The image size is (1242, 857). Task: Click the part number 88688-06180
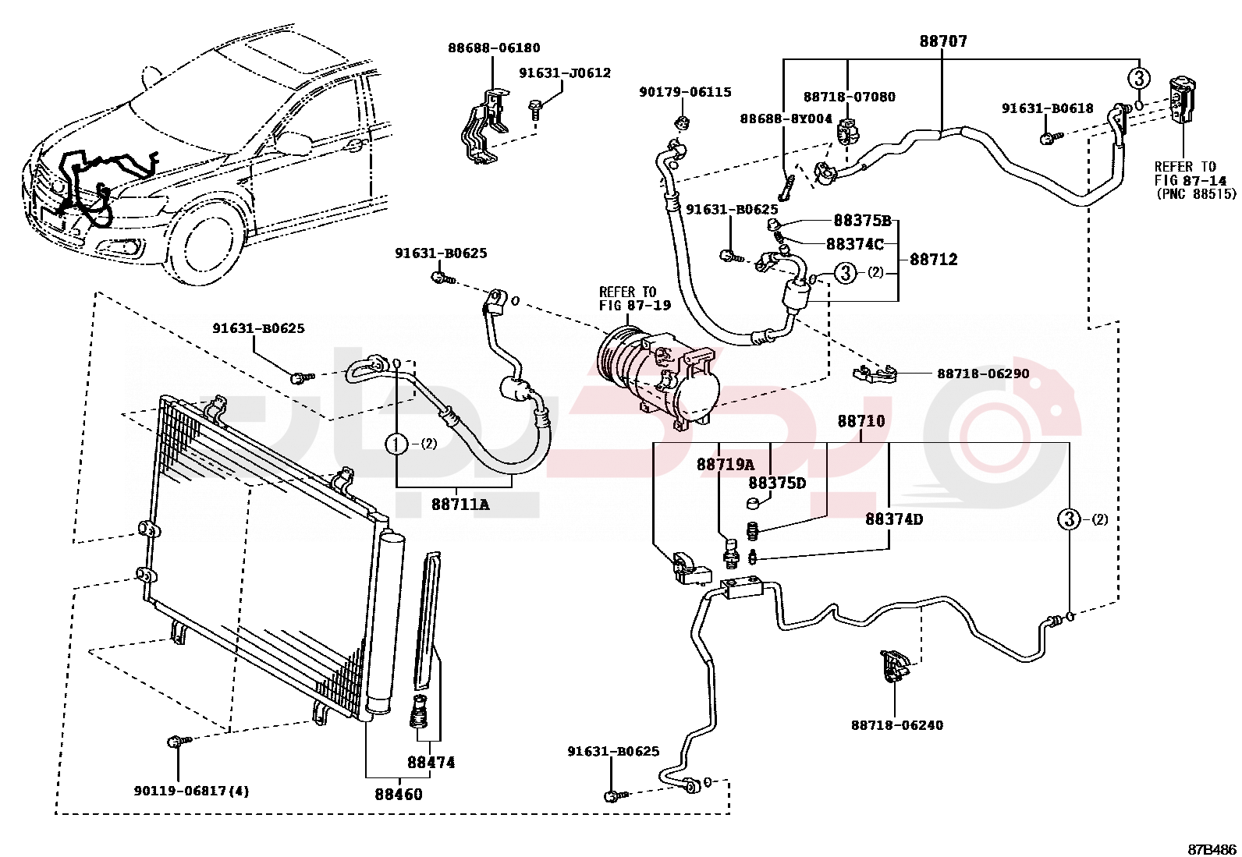coord(493,48)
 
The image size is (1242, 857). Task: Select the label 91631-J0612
coord(565,73)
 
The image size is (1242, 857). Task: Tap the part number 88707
coord(942,41)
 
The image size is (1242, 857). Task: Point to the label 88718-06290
coord(983,374)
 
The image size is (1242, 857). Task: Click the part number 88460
coord(399,795)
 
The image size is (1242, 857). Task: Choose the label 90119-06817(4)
coord(191,791)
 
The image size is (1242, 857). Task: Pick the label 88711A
coord(460,505)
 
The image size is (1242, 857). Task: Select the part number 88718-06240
coord(896,725)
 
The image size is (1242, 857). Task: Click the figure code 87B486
coord(1212,849)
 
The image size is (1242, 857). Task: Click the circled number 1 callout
coord(396,444)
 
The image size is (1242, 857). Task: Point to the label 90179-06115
coord(685,92)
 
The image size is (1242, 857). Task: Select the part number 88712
coord(933,260)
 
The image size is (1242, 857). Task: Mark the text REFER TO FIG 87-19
coord(634,299)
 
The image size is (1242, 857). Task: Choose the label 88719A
coord(726,465)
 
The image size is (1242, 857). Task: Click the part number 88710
coord(861,422)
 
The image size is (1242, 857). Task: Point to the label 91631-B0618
coord(1047,109)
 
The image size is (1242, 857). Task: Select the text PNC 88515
coord(1195,194)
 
